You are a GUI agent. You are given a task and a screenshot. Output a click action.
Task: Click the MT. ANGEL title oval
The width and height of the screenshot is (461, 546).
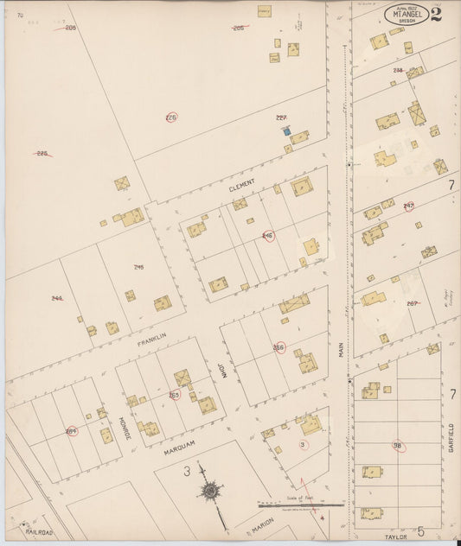[x=406, y=15]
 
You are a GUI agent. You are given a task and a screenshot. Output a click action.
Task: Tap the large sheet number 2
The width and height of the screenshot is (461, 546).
[x=436, y=14]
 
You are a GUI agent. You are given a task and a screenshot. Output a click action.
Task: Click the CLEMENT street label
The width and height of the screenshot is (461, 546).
[x=242, y=185]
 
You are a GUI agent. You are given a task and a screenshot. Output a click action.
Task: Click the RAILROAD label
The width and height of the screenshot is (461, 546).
[x=38, y=532]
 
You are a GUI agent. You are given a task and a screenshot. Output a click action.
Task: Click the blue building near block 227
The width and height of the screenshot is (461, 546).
[x=285, y=132]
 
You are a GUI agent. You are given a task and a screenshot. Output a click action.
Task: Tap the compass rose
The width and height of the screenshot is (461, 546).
[x=210, y=491]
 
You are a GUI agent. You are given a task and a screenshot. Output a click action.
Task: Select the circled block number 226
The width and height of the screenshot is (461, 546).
[x=171, y=117]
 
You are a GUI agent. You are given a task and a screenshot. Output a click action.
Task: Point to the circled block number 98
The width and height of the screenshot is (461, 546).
[x=398, y=446]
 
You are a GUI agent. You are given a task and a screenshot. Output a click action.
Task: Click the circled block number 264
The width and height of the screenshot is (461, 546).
[x=71, y=431]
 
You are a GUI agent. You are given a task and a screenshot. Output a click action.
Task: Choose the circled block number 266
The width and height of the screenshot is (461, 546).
[x=279, y=347]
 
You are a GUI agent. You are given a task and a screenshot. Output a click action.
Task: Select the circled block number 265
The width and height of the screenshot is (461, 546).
[x=174, y=396]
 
